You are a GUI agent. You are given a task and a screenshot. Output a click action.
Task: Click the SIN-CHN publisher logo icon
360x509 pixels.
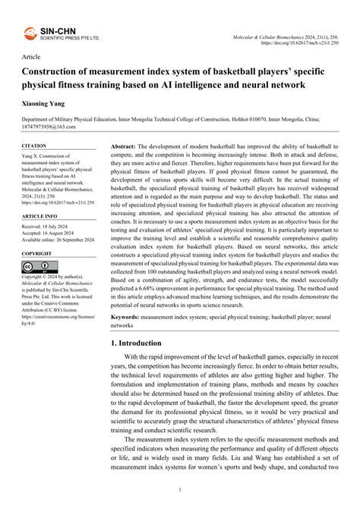pos(30,33)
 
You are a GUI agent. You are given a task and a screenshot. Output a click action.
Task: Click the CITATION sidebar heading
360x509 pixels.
pos(34,145)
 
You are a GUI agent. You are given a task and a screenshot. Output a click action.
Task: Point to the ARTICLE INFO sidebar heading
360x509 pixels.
pos(39,216)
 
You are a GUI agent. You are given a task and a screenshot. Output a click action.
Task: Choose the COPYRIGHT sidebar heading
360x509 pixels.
pos(37,253)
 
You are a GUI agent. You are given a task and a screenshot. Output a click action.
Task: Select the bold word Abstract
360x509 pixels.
pos(123,144)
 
